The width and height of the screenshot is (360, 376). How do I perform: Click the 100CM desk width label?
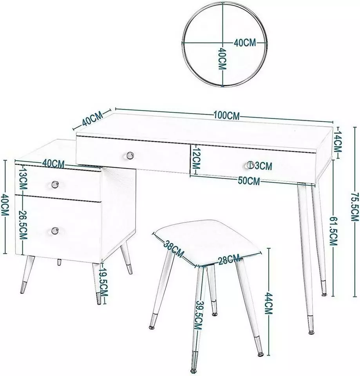tap(226, 116)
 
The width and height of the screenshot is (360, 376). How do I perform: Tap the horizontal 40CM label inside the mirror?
tap(245, 43)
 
